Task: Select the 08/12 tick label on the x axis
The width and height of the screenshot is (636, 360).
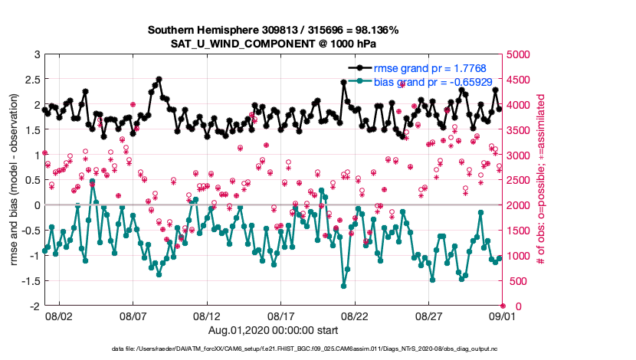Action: [x=208, y=316]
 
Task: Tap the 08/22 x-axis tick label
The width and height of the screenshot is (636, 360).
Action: [x=356, y=316]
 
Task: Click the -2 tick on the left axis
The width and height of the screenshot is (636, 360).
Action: [x=34, y=306]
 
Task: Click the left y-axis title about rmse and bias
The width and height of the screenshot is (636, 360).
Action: [x=14, y=180]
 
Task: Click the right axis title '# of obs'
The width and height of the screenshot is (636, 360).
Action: [x=541, y=180]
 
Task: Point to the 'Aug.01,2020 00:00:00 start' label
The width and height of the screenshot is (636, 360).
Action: [x=274, y=330]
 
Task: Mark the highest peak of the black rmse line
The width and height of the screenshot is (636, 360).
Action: [x=159, y=79]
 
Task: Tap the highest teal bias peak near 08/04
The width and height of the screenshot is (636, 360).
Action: [x=93, y=182]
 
